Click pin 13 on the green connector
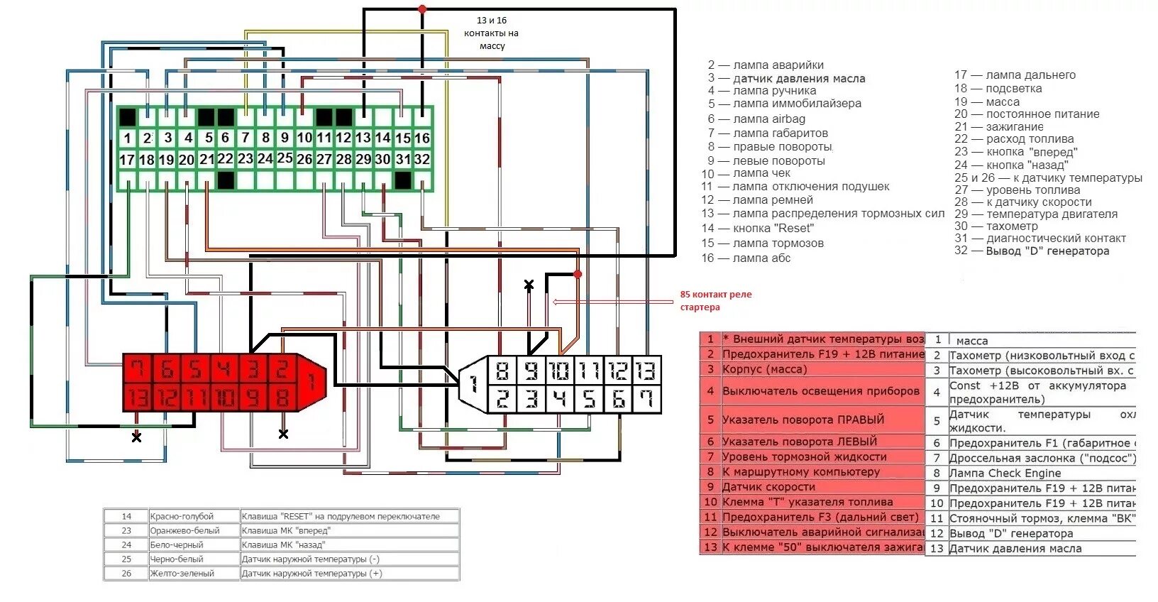pos(363,138)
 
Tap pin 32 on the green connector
pos(422,160)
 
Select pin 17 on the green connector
pos(127,160)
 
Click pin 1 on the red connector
pos(311,383)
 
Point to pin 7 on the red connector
pos(138,369)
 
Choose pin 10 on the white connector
pos(560,371)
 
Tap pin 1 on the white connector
pos(473,384)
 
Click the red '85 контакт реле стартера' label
pos(715,301)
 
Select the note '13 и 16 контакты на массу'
pos(492,33)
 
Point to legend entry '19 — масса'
pos(987,102)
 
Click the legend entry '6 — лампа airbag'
pos(756,119)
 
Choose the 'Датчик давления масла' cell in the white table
pos(1015,549)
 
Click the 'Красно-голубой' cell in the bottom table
pos(182,516)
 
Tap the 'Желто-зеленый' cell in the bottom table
pos(182,574)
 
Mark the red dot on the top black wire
pos(422,9)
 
